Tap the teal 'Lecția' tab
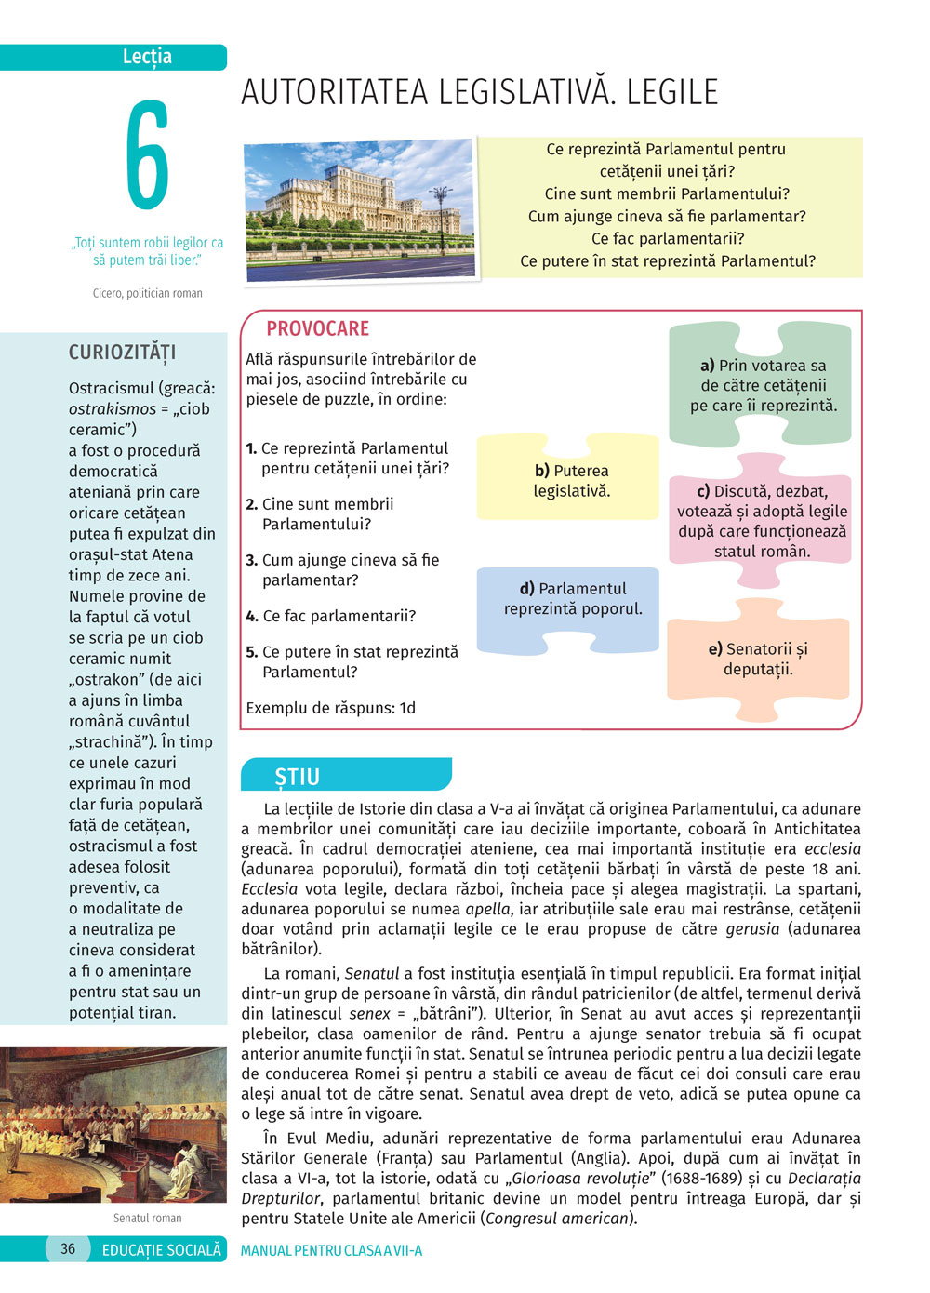tap(147, 57)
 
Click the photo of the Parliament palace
tap(361, 209)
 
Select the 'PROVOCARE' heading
tap(317, 328)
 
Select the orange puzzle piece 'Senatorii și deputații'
tap(758, 659)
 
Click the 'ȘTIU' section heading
tap(298, 777)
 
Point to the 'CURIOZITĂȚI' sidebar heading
tap(122, 353)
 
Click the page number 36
tap(68, 1249)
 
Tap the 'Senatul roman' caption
tap(147, 1218)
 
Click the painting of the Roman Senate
tap(113, 1125)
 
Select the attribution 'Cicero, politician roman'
tap(147, 293)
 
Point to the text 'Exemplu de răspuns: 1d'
tap(330, 708)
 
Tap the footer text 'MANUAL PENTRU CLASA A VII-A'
tap(331, 1250)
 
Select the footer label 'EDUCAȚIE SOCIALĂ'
tap(162, 1250)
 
